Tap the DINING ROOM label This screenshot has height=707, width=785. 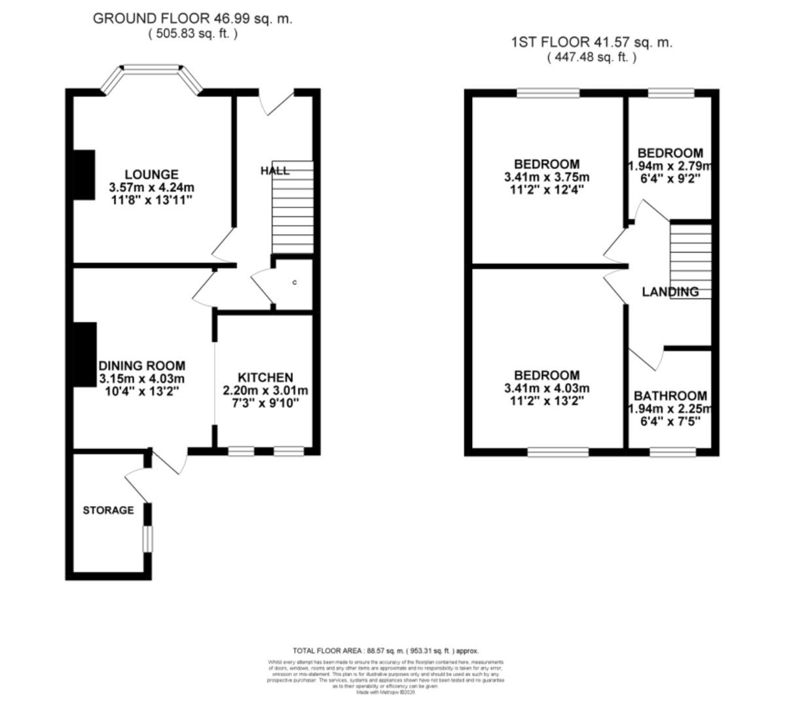point(141,366)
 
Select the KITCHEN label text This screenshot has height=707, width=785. point(265,378)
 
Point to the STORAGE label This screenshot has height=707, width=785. point(108,510)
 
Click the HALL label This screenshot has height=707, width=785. point(274,171)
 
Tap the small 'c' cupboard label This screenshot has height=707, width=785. point(295,283)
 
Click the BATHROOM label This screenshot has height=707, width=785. point(670,396)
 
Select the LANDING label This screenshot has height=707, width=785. point(670,292)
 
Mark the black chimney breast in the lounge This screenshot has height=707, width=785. point(84,173)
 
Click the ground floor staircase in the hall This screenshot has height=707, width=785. point(293,208)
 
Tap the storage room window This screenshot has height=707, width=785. point(148,537)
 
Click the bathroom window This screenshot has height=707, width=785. point(672,451)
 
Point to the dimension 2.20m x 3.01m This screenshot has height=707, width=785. point(265,391)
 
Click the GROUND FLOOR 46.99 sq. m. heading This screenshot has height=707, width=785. point(192,19)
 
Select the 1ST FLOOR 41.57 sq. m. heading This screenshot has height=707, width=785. point(591,43)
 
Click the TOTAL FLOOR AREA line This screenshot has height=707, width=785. point(386,651)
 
